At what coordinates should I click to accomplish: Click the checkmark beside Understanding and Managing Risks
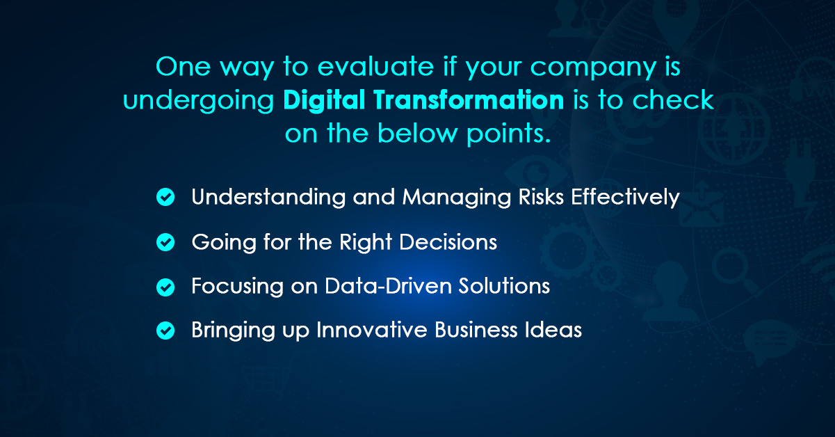pyautogui.click(x=165, y=198)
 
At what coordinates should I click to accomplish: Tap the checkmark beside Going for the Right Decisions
pyautogui.click(x=165, y=242)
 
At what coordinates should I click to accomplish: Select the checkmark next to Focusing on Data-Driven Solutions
pyautogui.click(x=165, y=287)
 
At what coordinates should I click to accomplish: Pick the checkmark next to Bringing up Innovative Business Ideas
pyautogui.click(x=165, y=331)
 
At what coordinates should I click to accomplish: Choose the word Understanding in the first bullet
pyautogui.click(x=268, y=198)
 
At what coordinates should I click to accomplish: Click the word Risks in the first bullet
pyautogui.click(x=540, y=197)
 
